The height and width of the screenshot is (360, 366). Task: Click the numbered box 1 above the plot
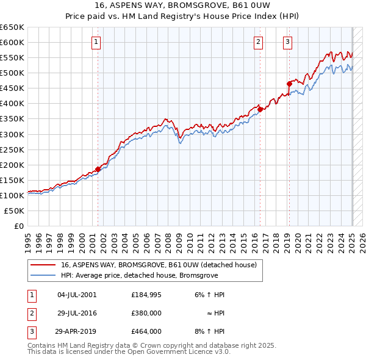(x=97, y=42)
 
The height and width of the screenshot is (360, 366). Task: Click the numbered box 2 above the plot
(x=259, y=42)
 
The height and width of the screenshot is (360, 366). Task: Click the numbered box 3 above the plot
(x=287, y=42)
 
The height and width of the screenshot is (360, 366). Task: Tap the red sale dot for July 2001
(x=98, y=170)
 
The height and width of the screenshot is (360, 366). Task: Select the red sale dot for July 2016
(x=259, y=110)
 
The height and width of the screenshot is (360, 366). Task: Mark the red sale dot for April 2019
(x=289, y=84)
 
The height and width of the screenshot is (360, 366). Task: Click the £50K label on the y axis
(x=14, y=211)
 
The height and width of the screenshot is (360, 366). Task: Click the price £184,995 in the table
(x=146, y=295)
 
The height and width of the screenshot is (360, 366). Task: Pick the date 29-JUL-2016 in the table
(x=77, y=313)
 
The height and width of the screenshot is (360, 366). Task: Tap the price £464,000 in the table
(x=146, y=331)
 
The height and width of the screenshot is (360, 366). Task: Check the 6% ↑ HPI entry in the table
(x=210, y=295)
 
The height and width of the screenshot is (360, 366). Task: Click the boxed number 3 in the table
(x=32, y=331)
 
